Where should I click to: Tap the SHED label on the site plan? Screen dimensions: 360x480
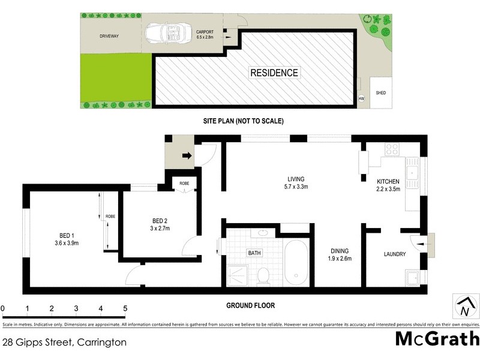[x=380, y=93]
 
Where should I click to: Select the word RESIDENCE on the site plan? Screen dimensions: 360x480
[x=274, y=73]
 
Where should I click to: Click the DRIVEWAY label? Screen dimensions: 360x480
[x=110, y=37]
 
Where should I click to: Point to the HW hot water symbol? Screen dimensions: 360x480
[x=361, y=98]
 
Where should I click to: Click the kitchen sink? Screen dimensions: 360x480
[x=413, y=175]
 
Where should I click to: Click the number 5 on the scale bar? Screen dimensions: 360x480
[x=125, y=309]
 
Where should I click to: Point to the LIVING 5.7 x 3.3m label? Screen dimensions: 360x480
[x=296, y=182]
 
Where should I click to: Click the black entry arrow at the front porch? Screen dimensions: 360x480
[x=188, y=156]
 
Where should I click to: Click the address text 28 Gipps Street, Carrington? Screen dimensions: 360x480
[x=65, y=343]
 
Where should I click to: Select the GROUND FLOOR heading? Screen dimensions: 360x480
[x=250, y=305]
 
